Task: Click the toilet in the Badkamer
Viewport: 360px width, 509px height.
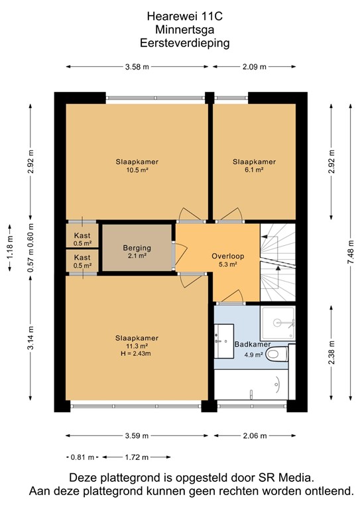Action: tap(277, 353)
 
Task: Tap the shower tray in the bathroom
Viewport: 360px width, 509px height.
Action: tap(278, 323)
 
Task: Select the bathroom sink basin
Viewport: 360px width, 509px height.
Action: tap(224, 341)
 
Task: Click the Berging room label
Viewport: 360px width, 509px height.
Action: tap(137, 248)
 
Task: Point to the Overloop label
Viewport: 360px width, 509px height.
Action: tap(228, 256)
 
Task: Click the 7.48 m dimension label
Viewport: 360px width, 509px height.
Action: tap(351, 253)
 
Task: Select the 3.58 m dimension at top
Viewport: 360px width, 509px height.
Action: tap(137, 67)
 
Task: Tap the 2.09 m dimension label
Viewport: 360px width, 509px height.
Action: tap(255, 67)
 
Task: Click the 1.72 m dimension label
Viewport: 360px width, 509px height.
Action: tap(137, 457)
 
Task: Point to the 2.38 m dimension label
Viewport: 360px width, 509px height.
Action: tap(331, 353)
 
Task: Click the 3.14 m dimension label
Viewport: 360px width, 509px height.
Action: tap(30, 338)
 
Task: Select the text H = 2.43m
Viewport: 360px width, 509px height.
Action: tap(136, 353)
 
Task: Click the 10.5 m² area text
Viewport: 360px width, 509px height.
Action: tap(137, 170)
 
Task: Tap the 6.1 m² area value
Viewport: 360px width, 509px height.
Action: tap(254, 170)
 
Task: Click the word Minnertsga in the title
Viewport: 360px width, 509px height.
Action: tap(185, 30)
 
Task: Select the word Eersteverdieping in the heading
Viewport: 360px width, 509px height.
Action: tap(185, 43)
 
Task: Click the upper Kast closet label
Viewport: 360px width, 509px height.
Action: tap(82, 236)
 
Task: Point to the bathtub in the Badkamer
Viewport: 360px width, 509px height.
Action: tap(251, 384)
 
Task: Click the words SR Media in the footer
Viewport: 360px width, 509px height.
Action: tap(286, 477)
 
